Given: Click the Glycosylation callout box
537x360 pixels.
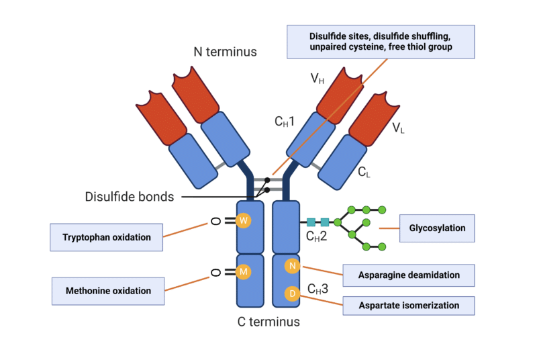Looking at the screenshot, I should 437,228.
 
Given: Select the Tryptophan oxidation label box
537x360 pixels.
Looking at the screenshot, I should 107,237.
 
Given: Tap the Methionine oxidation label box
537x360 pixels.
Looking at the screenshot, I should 107,291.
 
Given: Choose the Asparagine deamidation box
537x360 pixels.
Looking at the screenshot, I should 408,275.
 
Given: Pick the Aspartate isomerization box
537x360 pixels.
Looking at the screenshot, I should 408,305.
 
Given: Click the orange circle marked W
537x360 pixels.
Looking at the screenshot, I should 244,220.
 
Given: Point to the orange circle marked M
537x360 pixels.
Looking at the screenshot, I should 244,272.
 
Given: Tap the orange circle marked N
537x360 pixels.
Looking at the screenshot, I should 292,266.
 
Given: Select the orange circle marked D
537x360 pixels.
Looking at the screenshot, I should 292,294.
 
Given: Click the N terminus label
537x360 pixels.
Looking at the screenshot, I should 225,52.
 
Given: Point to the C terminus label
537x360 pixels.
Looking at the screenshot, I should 268,322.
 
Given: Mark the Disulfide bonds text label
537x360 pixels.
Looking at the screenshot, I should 130,197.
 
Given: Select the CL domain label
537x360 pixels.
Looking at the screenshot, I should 364,173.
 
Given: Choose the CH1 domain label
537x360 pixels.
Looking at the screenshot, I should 285,122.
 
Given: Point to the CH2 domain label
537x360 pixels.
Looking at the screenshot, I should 316,235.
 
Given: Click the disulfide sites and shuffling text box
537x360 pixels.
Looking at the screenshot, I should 381,42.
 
